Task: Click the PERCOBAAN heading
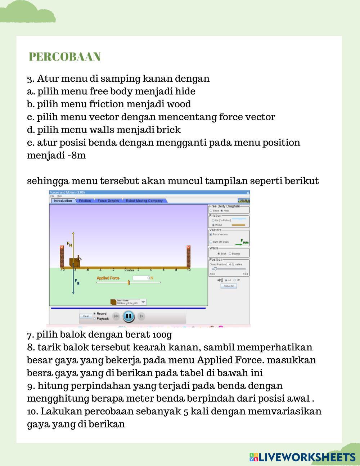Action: [x=64, y=57]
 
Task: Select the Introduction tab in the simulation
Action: [x=63, y=201]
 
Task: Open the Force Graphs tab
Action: [x=108, y=201]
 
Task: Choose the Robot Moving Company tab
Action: [x=144, y=201]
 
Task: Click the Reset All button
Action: [x=229, y=286]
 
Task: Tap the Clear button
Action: [x=86, y=316]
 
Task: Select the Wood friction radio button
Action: [x=213, y=225]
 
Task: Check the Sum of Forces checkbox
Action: [x=211, y=242]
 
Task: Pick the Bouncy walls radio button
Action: [x=230, y=254]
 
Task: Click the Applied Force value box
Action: [x=141, y=278]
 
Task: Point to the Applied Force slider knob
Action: [x=129, y=283]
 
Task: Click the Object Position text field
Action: [x=230, y=264]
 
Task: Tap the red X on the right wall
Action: [x=188, y=247]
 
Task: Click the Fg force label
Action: [x=77, y=281]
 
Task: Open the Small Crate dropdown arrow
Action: [x=143, y=302]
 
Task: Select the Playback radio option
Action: [x=95, y=319]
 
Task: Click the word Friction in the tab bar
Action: [x=85, y=201]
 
